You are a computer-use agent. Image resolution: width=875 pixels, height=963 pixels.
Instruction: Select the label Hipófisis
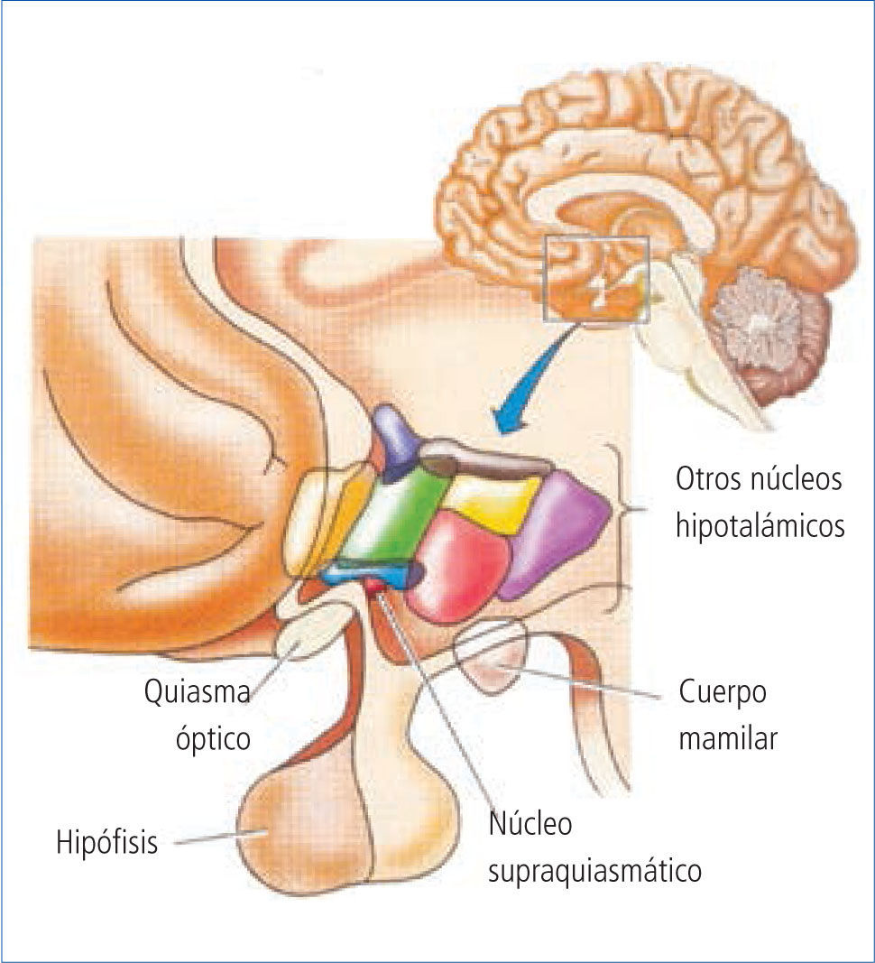coord(107,844)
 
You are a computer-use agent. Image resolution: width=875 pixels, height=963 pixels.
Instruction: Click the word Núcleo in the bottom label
coord(530,824)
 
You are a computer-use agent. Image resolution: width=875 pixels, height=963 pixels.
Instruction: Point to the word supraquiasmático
coord(594,872)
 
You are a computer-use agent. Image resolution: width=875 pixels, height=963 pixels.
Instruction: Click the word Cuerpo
coord(723,693)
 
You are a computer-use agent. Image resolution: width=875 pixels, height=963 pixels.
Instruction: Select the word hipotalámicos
coord(760,525)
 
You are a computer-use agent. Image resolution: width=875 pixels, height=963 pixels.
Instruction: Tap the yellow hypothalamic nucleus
coord(493,502)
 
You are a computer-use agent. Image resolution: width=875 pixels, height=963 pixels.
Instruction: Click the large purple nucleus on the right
coord(557,532)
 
